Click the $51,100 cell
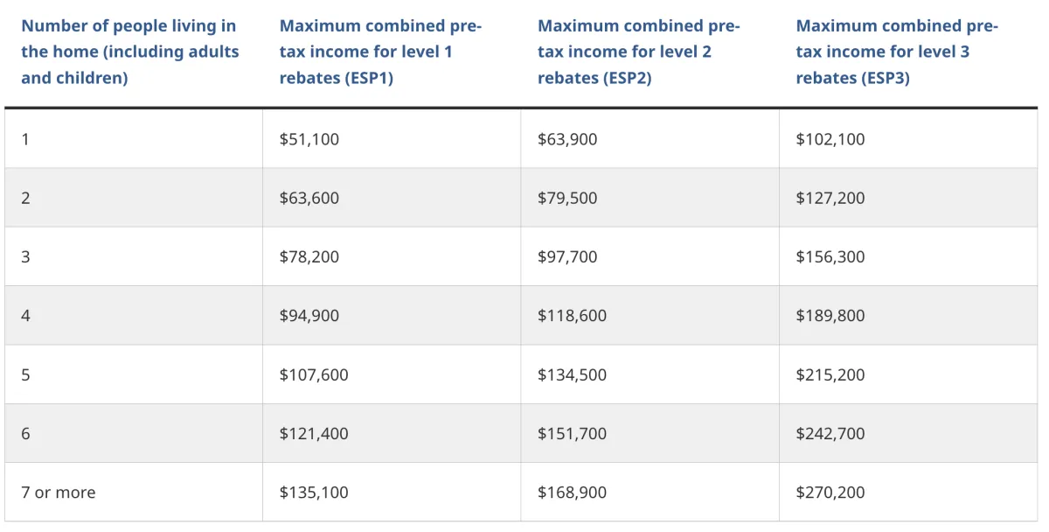coord(309,139)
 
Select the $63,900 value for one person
coord(567,139)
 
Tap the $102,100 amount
coord(830,139)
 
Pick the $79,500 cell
coord(567,198)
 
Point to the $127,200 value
coord(830,198)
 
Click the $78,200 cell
coord(309,257)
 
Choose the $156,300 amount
coord(830,257)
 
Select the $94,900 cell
coord(309,316)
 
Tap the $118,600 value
coord(572,316)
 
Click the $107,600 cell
coord(314,374)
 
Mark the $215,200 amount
coord(830,374)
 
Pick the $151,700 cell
coord(572,434)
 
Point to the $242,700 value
coord(830,434)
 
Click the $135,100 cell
coord(314,492)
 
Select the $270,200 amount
coord(830,492)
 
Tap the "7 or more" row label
coord(58,492)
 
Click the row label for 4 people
coord(25,316)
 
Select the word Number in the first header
coord(54,25)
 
